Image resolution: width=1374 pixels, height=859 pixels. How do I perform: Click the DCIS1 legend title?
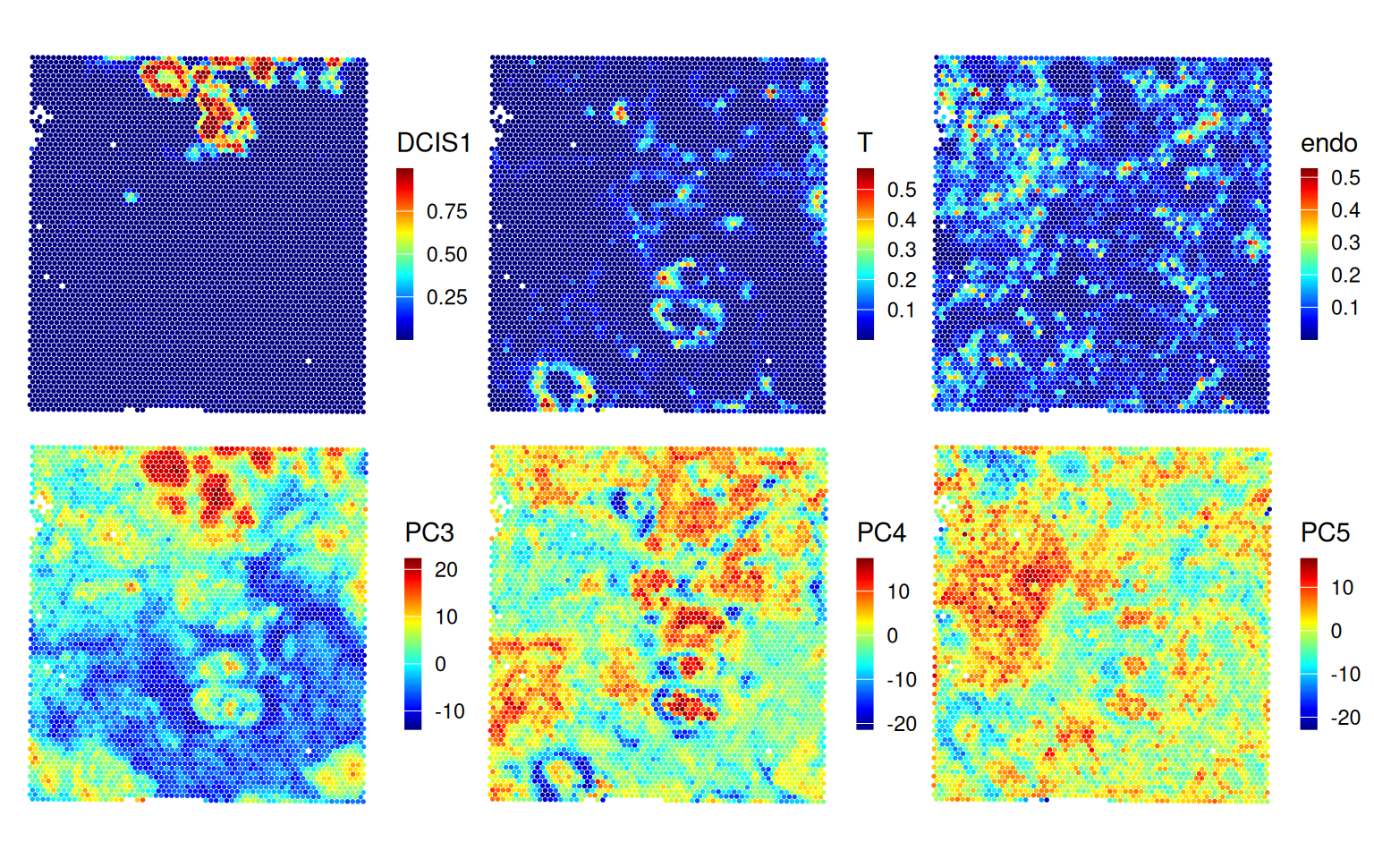click(434, 143)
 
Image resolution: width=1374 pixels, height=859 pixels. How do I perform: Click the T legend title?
click(864, 143)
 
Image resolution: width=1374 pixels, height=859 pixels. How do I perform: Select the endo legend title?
click(1328, 143)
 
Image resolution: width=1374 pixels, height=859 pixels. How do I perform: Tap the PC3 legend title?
click(429, 533)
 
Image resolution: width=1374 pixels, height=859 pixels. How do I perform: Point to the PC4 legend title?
click(881, 533)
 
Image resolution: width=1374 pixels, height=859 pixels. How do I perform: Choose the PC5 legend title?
click(1325, 533)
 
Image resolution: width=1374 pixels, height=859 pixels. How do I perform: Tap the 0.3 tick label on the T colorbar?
click(902, 250)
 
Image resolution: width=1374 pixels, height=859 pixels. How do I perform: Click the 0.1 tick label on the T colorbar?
click(902, 310)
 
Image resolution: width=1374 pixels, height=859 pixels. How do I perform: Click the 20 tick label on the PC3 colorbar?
click(445, 570)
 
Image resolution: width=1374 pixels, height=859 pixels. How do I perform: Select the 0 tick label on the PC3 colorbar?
click(440, 664)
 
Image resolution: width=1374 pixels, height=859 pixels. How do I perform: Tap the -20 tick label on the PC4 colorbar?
click(902, 724)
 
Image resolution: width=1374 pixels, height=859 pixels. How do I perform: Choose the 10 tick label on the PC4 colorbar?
click(898, 591)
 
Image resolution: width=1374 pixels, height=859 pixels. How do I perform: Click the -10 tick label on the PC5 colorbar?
click(1345, 674)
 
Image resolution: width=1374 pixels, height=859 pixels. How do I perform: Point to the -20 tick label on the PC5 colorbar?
click(1345, 718)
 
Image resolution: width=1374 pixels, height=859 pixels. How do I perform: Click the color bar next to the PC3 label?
click(412, 643)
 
